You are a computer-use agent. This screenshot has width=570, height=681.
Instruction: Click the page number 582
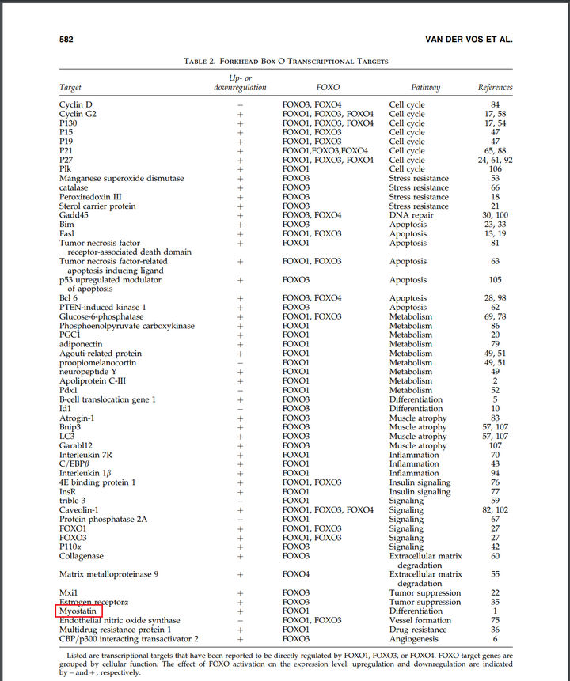click(x=67, y=39)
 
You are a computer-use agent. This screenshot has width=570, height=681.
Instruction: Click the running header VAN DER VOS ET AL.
click(x=469, y=39)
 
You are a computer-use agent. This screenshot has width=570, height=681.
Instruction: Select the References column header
click(x=495, y=87)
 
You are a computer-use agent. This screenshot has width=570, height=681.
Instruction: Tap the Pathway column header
click(x=425, y=87)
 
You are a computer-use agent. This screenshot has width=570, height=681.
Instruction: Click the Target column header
click(x=70, y=87)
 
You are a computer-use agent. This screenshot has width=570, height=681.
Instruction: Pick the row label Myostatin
click(x=78, y=611)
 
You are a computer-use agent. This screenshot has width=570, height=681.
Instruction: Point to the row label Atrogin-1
click(x=78, y=418)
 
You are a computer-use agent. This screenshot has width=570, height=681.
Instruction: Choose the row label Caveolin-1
click(x=79, y=510)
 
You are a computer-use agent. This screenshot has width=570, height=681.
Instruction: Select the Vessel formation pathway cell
click(x=420, y=621)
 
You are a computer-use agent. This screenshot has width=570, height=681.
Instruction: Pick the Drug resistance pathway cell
click(x=418, y=630)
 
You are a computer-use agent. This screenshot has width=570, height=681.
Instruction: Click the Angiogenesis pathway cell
click(x=414, y=639)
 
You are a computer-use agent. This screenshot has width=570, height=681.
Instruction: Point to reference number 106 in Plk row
click(x=495, y=169)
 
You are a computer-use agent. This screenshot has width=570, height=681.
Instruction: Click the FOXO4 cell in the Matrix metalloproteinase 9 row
click(x=296, y=574)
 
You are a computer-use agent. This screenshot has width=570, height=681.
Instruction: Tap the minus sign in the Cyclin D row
click(x=240, y=104)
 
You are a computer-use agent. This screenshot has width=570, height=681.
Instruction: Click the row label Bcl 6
click(x=69, y=298)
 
